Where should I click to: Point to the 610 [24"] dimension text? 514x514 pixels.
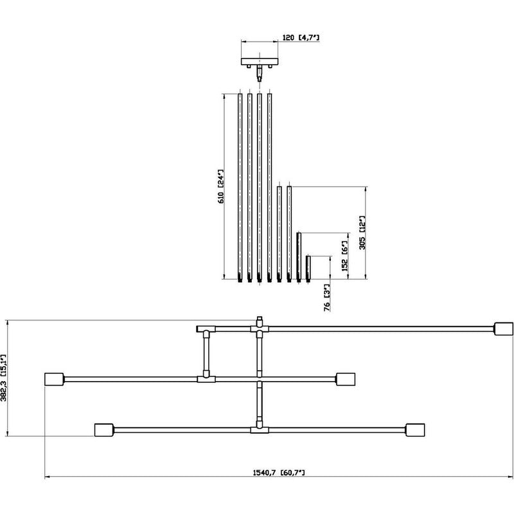(220, 186)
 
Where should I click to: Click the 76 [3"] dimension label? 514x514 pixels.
(327, 297)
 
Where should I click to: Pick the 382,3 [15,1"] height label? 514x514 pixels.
(4, 378)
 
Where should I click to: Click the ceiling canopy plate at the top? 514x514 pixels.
(260, 62)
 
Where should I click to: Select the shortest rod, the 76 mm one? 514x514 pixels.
(308, 269)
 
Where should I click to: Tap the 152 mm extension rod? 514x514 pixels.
(299, 257)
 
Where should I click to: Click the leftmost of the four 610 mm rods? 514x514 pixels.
(240, 186)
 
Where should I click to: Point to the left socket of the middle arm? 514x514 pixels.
(53, 378)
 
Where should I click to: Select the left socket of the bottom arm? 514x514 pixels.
(103, 429)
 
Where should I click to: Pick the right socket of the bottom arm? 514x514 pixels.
(416, 429)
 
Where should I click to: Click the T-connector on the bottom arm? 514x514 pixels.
(259, 429)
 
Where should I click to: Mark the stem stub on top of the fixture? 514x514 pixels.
(259, 321)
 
